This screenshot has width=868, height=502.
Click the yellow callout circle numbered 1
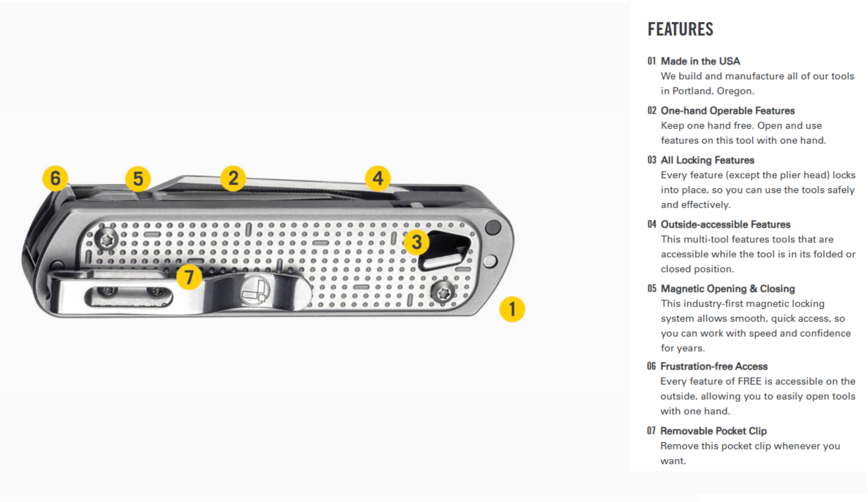pos(512,309)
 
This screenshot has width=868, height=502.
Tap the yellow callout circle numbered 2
pos(233,179)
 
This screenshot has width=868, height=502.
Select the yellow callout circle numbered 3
pos(417,242)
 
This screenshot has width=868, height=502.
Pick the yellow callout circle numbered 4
pos(378,178)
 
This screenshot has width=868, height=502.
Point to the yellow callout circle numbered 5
pos(138,179)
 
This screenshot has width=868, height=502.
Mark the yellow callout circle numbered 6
pos(55,178)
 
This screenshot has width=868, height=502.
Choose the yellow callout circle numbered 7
pos(189,277)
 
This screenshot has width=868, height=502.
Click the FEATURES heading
pos(680,29)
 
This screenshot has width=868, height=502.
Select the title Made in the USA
pos(700,61)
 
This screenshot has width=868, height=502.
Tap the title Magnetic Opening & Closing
pos(727,289)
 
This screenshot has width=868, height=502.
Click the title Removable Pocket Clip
pos(713,431)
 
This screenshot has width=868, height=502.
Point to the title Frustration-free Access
pos(714,366)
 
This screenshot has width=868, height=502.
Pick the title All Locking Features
pos(707,160)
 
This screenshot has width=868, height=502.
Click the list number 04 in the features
pos(652,224)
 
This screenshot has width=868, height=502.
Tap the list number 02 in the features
pos(652,110)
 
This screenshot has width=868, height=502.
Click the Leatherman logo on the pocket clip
pos(256,291)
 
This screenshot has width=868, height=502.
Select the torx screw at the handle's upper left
pos(107,240)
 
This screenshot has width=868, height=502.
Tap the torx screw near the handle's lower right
pos(443,293)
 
